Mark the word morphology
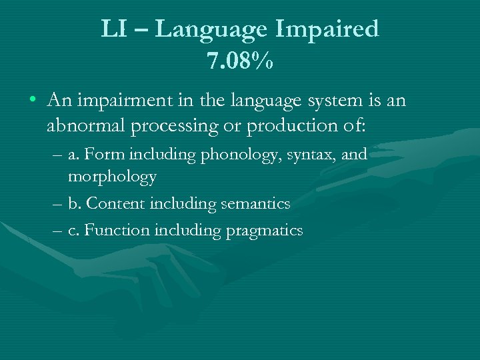(112, 177)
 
